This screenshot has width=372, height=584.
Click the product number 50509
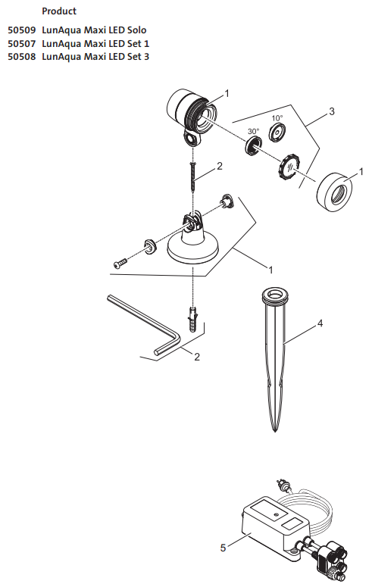coord(22,30)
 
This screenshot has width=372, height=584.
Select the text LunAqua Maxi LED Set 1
coord(95,44)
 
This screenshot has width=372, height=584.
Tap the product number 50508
coord(22,57)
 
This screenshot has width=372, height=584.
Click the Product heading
coord(59,11)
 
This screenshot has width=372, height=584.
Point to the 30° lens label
coord(253,132)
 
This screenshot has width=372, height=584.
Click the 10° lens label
coord(277,118)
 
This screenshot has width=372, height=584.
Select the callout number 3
coord(332,111)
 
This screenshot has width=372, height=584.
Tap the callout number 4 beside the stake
coord(320,323)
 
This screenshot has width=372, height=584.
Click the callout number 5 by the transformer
coord(223,548)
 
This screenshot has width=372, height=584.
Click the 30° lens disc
coord(253,145)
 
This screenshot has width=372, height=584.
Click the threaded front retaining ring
coord(334,192)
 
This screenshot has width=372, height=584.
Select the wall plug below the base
coord(193,320)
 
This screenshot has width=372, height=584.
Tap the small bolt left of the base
coord(120,264)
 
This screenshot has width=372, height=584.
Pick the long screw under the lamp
coord(193,176)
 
